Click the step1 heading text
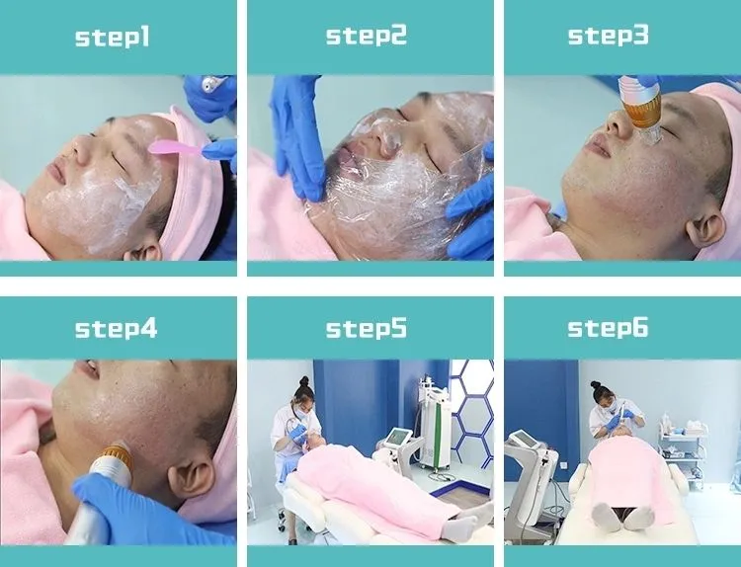click(x=113, y=37)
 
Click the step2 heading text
click(x=367, y=36)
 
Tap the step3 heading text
click(x=609, y=36)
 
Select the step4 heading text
click(x=116, y=329)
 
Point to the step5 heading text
click(x=367, y=328)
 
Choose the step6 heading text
click(x=608, y=328)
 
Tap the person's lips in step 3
click(x=597, y=143)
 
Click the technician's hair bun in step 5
click(x=304, y=381)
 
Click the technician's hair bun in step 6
click(x=596, y=385)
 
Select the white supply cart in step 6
click(x=683, y=452)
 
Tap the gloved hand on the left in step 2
click(x=297, y=137)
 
